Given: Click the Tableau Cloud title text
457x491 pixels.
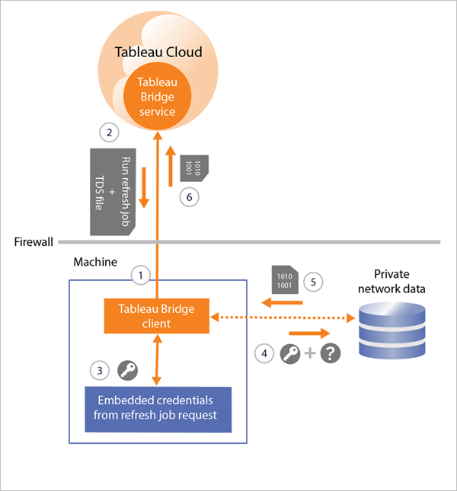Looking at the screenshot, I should click(158, 53).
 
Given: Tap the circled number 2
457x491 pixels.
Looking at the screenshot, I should click(110, 132).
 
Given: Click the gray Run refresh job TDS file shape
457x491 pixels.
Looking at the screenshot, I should click(113, 190).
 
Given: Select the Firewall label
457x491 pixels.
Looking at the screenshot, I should click(34, 242).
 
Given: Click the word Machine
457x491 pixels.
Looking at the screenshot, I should click(94, 262).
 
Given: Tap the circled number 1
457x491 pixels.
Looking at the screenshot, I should click(139, 272).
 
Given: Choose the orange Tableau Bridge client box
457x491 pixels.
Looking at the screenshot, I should click(157, 316).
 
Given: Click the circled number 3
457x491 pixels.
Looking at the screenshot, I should click(98, 371).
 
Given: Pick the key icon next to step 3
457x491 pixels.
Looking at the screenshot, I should click(126, 371).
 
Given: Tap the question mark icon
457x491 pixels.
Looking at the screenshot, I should click(330, 354).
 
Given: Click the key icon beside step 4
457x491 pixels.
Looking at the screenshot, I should click(290, 354).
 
